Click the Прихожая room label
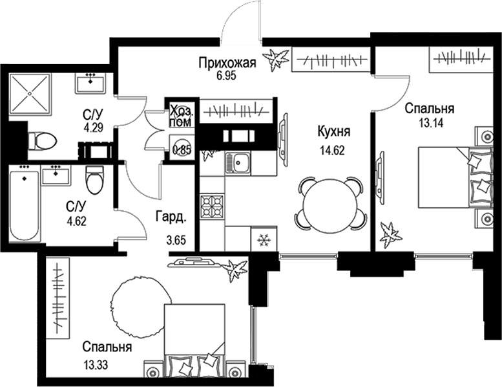pos(227,63)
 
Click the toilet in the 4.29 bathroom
pos(43,140)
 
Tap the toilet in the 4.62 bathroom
pos(95,179)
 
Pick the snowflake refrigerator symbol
pos(263,239)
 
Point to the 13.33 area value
pos(96,363)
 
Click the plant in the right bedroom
pos(390,234)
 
